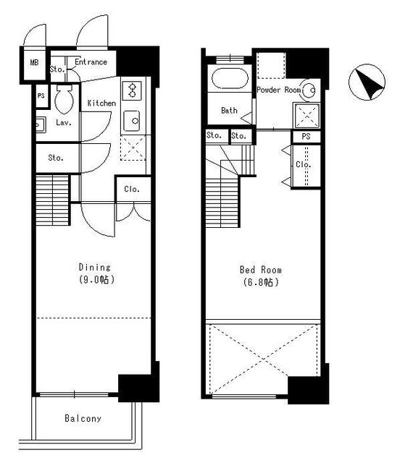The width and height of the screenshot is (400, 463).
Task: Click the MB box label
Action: [33, 63]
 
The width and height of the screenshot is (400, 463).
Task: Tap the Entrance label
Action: [91, 62]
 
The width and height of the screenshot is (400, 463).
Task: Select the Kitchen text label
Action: [101, 103]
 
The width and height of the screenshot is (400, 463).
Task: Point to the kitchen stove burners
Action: [133, 90]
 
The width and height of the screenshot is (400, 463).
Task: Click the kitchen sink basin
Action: [133, 119]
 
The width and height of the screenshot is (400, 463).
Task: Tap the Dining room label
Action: [93, 266]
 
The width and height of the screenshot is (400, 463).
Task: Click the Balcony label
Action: [83, 419]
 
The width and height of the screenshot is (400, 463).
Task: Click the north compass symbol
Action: [368, 84]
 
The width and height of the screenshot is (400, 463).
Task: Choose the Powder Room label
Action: [278, 90]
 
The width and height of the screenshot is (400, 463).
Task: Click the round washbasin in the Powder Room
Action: [309, 90]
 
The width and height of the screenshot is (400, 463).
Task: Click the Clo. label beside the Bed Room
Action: [304, 165]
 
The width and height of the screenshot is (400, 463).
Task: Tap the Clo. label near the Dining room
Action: [132, 190]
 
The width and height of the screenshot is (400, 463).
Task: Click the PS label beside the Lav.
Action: [41, 95]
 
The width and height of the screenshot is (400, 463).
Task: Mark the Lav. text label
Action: [63, 123]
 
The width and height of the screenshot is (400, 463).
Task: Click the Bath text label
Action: [229, 111]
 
